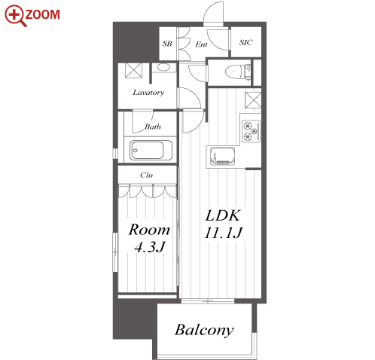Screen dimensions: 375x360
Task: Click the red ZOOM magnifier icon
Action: [x=15, y=16]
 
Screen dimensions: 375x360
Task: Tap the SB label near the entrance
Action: [x=167, y=44]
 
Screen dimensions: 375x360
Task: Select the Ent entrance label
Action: [x=201, y=44]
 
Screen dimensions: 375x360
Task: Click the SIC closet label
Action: [x=245, y=42]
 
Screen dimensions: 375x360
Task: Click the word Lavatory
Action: [x=148, y=93]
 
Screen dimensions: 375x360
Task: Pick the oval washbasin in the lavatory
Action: [x=163, y=68]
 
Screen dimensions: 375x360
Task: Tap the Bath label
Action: [x=153, y=127]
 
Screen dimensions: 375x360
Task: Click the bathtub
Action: [x=151, y=150]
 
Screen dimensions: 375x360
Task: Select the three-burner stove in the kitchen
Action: [x=251, y=131]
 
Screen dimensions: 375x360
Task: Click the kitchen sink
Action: [x=222, y=156]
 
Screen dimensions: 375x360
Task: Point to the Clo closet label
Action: [x=146, y=175]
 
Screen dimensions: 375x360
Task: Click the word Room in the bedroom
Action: [x=149, y=230]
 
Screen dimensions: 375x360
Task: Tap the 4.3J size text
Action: [x=150, y=247]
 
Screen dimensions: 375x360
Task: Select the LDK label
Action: [x=223, y=215]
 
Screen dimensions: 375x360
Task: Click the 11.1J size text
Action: [x=223, y=233]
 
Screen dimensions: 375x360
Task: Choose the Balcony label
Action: [x=204, y=330]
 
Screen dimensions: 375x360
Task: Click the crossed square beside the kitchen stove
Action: [x=253, y=100]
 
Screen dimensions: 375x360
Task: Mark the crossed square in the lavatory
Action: [x=133, y=71]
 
